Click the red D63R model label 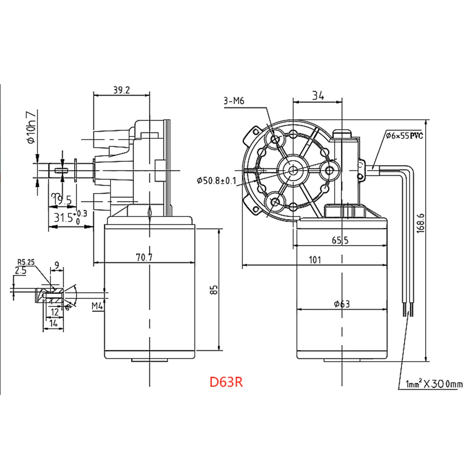click(x=226, y=382)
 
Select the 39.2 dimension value click(x=122, y=90)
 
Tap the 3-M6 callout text click(x=234, y=101)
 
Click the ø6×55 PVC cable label click(x=404, y=136)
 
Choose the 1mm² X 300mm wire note click(x=434, y=384)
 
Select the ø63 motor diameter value click(x=342, y=304)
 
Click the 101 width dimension click(x=315, y=260)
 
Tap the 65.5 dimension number click(x=340, y=240)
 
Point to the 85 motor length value click(x=215, y=289)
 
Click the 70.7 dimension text click(x=144, y=257)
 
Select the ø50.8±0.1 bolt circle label click(x=217, y=180)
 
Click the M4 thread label click(x=97, y=306)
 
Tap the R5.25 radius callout click(x=26, y=262)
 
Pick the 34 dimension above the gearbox click(x=318, y=96)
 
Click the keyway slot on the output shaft click(x=61, y=170)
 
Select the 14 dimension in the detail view click(x=53, y=323)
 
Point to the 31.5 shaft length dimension click(x=64, y=218)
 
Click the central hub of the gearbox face click(x=293, y=170)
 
